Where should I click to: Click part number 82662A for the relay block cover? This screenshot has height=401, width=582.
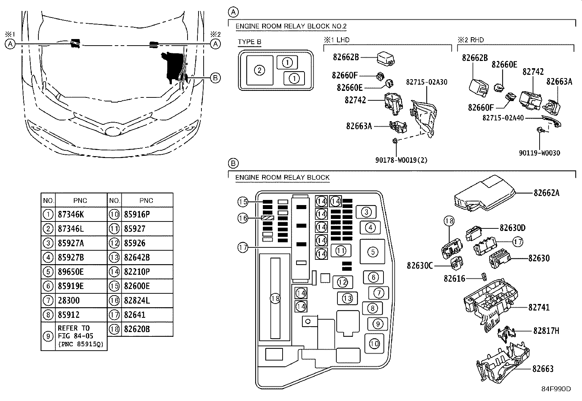click(546, 193)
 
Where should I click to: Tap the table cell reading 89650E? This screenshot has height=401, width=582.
click(71, 272)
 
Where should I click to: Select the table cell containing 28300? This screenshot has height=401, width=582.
click(69, 301)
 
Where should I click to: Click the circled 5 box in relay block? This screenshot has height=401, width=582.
click(373, 251)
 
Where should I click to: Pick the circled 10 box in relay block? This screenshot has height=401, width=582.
click(374, 343)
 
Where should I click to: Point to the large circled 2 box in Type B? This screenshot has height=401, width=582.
click(259, 70)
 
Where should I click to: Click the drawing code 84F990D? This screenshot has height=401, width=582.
click(556, 389)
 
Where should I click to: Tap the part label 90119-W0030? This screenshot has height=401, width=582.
click(539, 153)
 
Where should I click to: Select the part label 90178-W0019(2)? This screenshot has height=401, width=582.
click(401, 160)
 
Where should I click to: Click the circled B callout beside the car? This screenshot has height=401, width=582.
click(215, 77)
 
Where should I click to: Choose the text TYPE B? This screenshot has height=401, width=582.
click(249, 42)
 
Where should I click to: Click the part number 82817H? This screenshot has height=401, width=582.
click(546, 331)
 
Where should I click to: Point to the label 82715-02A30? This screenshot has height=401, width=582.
click(426, 82)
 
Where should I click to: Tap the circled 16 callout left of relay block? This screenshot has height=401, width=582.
click(243, 218)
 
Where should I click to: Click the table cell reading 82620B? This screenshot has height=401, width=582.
click(137, 329)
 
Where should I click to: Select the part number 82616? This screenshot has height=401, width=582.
click(454, 278)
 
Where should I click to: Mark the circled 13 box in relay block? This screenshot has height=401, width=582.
click(347, 298)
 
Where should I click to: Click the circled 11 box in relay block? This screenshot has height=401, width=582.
click(341, 251)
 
